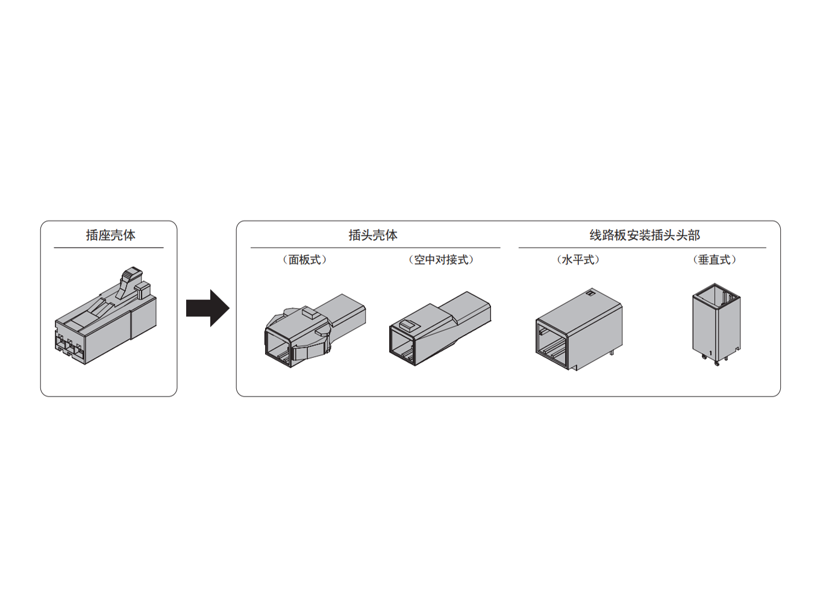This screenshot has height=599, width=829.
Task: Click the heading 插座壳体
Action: [111, 235]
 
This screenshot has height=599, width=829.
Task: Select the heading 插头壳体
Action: [373, 235]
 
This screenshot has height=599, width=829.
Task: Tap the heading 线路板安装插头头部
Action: [645, 235]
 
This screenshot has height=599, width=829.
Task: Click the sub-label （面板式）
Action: [305, 260]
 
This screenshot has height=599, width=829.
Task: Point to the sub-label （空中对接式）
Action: [441, 260]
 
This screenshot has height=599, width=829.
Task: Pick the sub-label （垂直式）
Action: [715, 260]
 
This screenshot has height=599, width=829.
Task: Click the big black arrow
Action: [208, 308]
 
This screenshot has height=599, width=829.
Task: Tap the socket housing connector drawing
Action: [106, 315]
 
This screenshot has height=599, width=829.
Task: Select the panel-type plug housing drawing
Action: [315, 330]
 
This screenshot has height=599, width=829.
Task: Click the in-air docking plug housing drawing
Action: [440, 329]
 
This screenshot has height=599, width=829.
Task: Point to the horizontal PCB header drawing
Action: [579, 330]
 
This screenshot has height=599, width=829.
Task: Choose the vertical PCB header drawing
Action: [716, 325]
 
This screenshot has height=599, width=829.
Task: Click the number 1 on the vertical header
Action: [710, 354]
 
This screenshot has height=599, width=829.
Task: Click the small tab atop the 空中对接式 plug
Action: [408, 325]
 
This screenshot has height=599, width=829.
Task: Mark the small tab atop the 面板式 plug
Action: [311, 312]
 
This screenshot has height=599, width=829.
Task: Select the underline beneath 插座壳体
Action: [108, 248]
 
